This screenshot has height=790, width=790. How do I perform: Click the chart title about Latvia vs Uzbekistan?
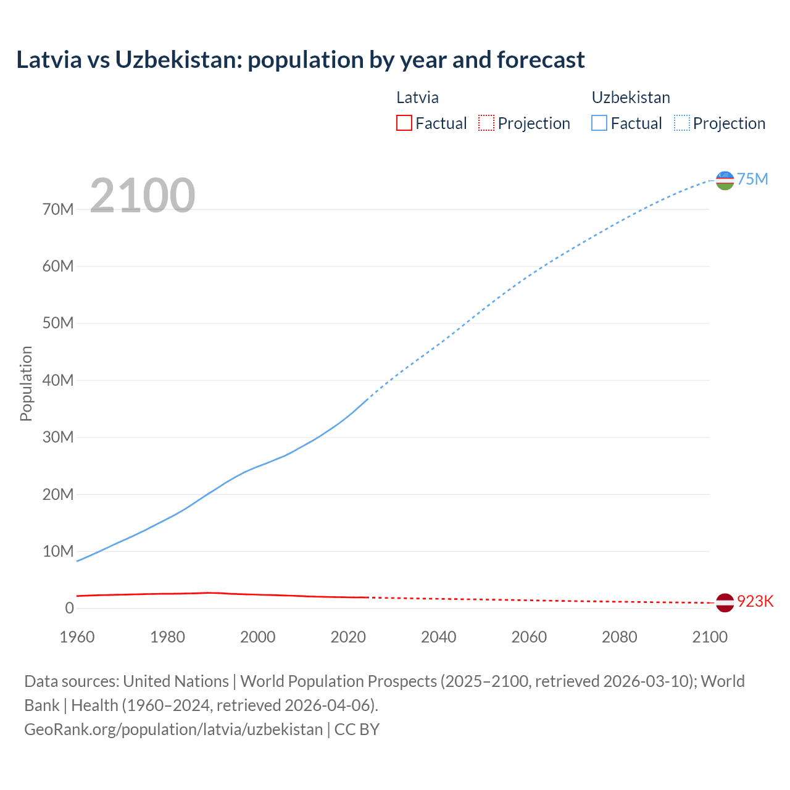coord(300,60)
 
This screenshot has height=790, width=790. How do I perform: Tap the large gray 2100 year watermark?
coord(143,196)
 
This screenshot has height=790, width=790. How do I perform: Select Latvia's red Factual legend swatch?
coord(404,123)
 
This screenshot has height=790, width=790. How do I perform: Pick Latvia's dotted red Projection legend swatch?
coord(486,123)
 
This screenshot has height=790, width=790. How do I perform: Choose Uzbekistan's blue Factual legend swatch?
coord(599,123)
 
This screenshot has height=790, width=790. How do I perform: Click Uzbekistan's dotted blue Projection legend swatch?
coord(681,123)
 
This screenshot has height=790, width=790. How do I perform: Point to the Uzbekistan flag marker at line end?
coord(725,180)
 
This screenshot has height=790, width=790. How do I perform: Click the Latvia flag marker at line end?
coord(725,602)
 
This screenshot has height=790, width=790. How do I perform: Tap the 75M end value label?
coord(752,179)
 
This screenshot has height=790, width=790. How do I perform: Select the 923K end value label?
coord(755,602)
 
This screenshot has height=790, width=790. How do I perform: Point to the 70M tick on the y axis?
coord(58,210)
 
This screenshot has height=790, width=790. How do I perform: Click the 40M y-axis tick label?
coord(58,381)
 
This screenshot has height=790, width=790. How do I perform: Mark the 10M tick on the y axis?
coord(58,551)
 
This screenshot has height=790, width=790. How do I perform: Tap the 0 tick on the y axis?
coord(69,609)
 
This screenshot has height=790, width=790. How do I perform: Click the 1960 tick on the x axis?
coord(77,637)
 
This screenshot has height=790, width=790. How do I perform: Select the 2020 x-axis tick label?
coord(348,637)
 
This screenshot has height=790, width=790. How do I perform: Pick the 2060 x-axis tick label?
coord(529,637)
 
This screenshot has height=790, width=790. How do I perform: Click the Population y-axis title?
coord(26,383)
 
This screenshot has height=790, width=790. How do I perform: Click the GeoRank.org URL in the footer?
coord(173,730)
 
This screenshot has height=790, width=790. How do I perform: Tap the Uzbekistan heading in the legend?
coord(631,98)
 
